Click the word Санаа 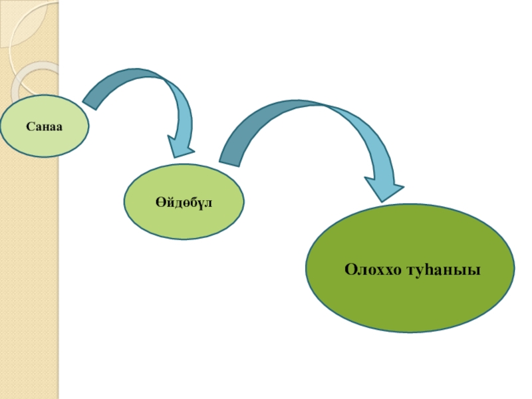click(44, 126)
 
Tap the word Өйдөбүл click(184, 201)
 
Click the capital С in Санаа click(30, 126)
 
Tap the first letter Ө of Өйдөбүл click(160, 201)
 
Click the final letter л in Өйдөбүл click(208, 201)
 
